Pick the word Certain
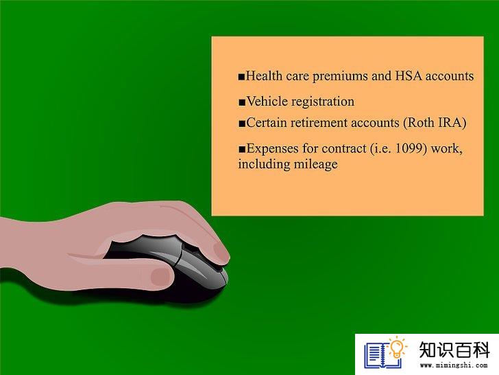(267, 123)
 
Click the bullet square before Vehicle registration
(242, 102)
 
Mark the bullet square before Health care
(241, 77)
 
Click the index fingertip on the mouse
(220, 252)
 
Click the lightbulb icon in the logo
(397, 348)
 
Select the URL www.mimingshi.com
(454, 365)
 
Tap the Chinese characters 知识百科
(454, 350)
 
